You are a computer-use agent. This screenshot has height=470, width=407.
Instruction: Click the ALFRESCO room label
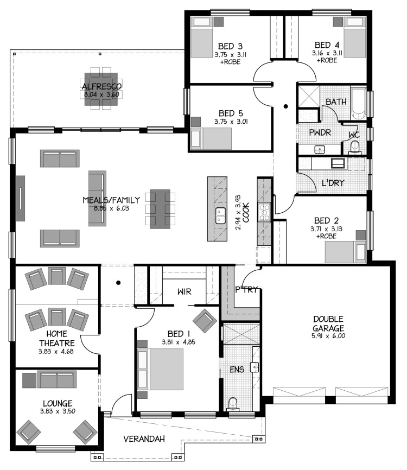pyautogui.click(x=102, y=87)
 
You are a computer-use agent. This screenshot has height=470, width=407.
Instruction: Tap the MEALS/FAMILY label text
pyautogui.click(x=111, y=200)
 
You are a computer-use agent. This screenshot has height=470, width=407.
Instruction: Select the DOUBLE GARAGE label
pyautogui.click(x=328, y=323)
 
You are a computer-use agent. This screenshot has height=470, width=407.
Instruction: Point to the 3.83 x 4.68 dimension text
pyautogui.click(x=56, y=351)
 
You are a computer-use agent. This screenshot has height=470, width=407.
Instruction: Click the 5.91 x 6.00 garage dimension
pyautogui.click(x=328, y=336)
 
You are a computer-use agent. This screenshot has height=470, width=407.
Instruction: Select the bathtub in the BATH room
pyautogui.click(x=359, y=103)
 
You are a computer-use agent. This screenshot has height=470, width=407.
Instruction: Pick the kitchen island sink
pyautogui.click(x=220, y=215)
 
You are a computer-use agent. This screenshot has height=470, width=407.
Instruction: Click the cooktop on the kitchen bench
pyautogui.click(x=265, y=212)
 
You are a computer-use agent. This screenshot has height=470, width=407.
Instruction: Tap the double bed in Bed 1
pyautogui.click(x=161, y=369)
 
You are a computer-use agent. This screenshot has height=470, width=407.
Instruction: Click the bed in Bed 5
pyautogui.click(x=211, y=138)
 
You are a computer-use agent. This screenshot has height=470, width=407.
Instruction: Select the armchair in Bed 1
pyautogui.click(x=205, y=320)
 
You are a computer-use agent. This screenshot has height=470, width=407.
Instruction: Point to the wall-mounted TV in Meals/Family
pyautogui.click(x=21, y=199)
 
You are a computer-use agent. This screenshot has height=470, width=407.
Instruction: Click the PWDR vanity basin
pyautogui.click(x=320, y=149)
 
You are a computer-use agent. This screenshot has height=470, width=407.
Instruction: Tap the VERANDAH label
pyautogui.click(x=144, y=439)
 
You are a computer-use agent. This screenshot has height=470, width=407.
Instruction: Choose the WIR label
pyautogui.click(x=185, y=291)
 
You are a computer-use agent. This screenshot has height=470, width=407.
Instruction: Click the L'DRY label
pyautogui.click(x=333, y=183)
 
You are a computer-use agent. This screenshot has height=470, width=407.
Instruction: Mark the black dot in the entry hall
pyautogui.click(x=118, y=282)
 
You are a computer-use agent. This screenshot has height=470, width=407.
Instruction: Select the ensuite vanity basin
pyautogui.click(x=255, y=367)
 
